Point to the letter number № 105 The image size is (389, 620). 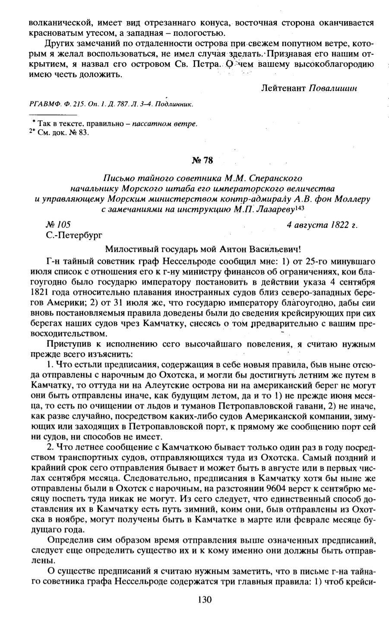tap(58, 225)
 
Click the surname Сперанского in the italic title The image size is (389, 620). tap(281, 178)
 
